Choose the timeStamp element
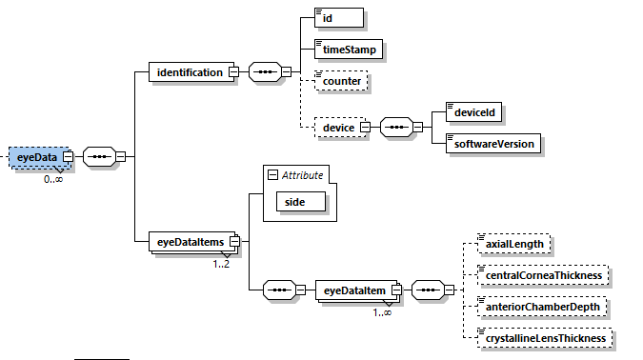click(x=350, y=48)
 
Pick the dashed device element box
click(x=338, y=127)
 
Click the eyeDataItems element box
click(x=188, y=242)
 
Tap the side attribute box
click(x=300, y=201)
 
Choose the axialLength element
click(x=514, y=244)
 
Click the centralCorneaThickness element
click(x=542, y=275)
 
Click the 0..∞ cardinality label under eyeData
click(x=53, y=179)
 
